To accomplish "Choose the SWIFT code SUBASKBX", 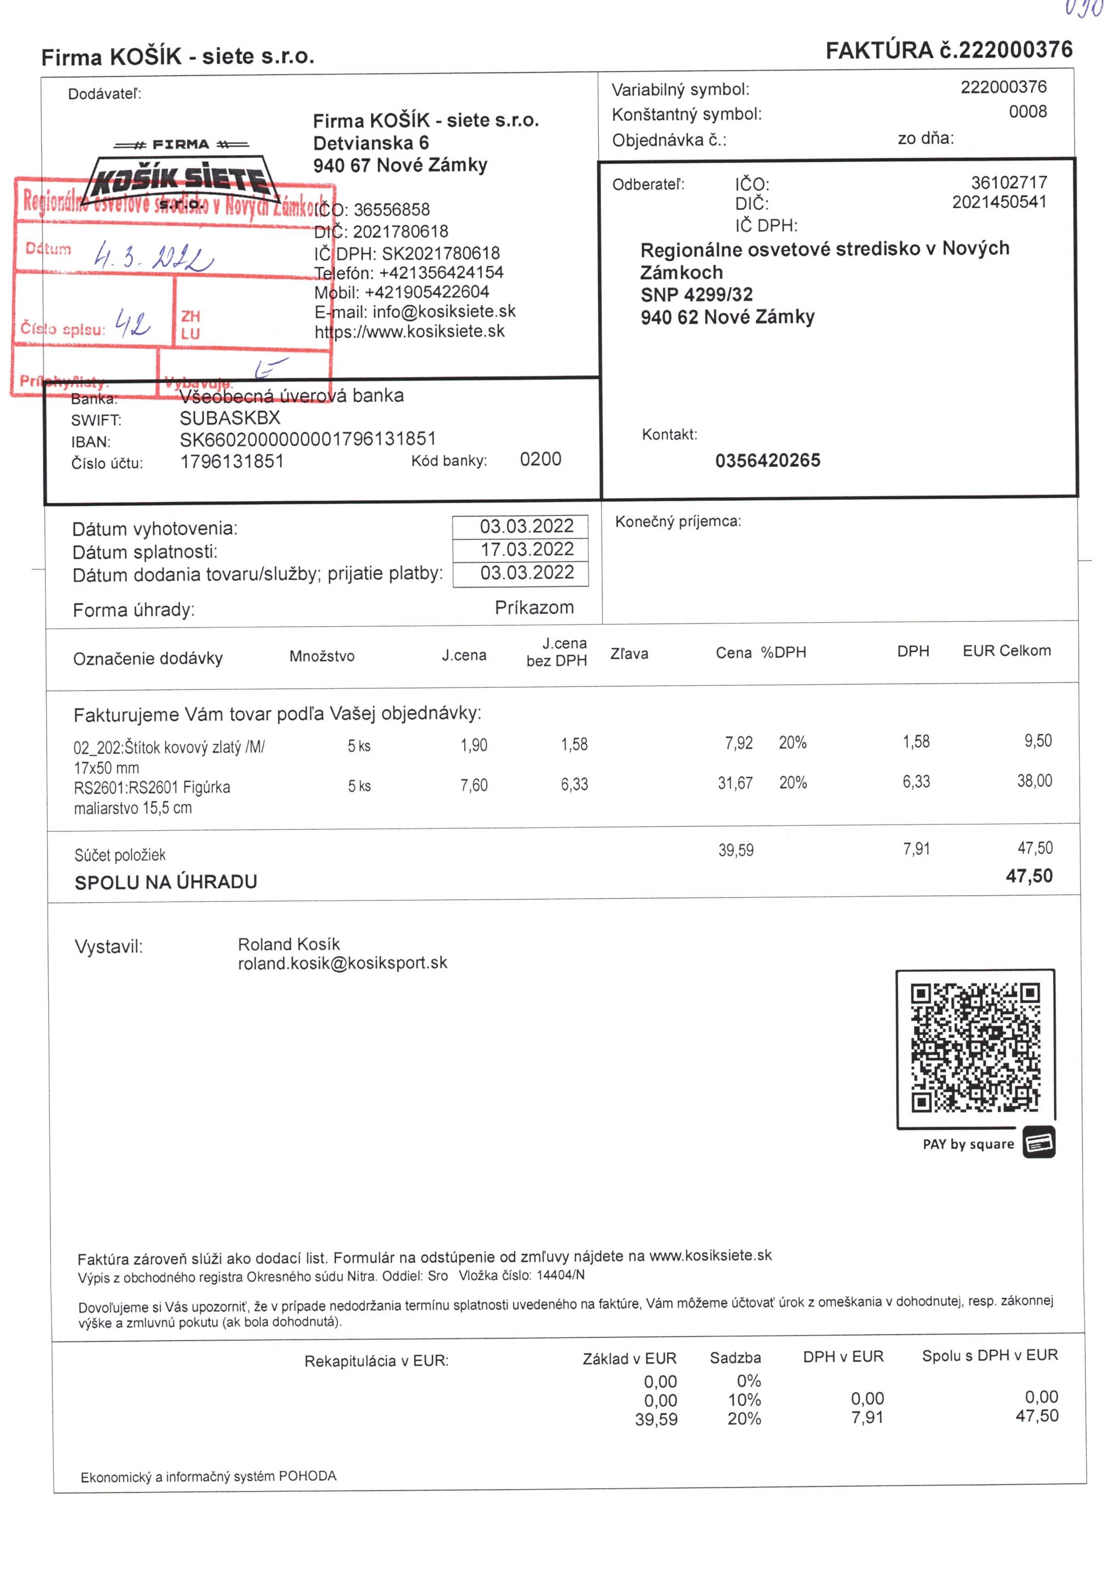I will (x=230, y=418).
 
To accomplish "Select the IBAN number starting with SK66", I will (x=308, y=439).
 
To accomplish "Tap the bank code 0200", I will (x=540, y=459).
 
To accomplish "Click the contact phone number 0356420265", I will (x=767, y=460).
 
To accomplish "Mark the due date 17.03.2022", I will (x=527, y=550).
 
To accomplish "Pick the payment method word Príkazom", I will (x=534, y=607).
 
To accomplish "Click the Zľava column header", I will (x=629, y=654).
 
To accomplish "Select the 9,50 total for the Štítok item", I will (x=1037, y=741).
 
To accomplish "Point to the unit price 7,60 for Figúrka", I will (x=474, y=785).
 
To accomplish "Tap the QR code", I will (x=975, y=1048).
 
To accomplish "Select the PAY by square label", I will (x=968, y=1144).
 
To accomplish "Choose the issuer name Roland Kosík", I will (x=288, y=944).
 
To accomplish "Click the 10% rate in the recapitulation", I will (x=744, y=1400).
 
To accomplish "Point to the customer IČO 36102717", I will (x=1008, y=183).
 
